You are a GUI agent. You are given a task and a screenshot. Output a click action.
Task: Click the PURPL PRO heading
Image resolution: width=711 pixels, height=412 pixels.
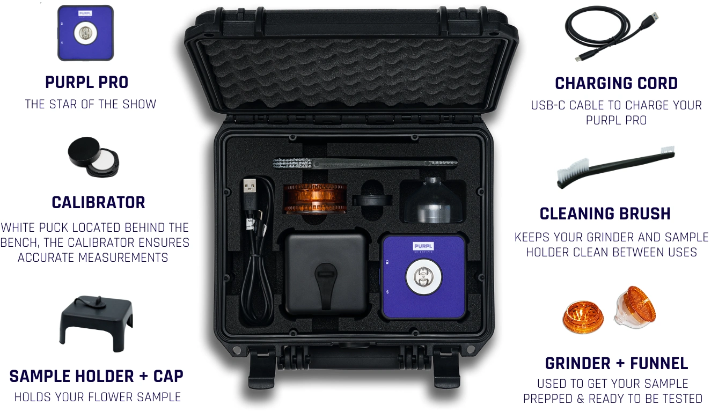[x=86, y=82]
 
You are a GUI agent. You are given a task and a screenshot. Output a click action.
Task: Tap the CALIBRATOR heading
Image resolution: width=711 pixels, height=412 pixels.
[x=98, y=202]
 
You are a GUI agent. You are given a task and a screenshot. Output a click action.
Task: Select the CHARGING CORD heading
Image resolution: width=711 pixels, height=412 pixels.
[x=616, y=84]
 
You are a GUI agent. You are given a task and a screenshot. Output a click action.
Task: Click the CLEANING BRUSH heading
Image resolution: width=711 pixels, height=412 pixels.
[x=605, y=214]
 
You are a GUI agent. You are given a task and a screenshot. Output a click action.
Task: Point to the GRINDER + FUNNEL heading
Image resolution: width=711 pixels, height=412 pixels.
[x=617, y=363]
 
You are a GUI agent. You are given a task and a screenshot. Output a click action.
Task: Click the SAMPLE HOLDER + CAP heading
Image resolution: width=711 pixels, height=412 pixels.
[x=96, y=377]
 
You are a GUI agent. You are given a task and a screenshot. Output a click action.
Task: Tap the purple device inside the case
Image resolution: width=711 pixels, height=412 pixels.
[x=424, y=277]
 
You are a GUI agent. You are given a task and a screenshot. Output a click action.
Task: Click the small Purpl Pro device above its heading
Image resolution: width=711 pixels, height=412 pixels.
[x=85, y=33]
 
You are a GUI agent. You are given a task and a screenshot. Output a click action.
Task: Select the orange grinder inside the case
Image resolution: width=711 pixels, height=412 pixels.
[x=314, y=198]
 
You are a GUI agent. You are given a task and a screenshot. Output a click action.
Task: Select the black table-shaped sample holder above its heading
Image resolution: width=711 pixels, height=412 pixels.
[x=96, y=323]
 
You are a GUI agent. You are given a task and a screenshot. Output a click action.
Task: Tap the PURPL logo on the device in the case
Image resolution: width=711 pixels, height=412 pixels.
[x=423, y=246]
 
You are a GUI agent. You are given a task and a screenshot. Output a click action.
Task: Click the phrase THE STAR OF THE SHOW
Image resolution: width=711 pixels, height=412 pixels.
[x=91, y=105]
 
